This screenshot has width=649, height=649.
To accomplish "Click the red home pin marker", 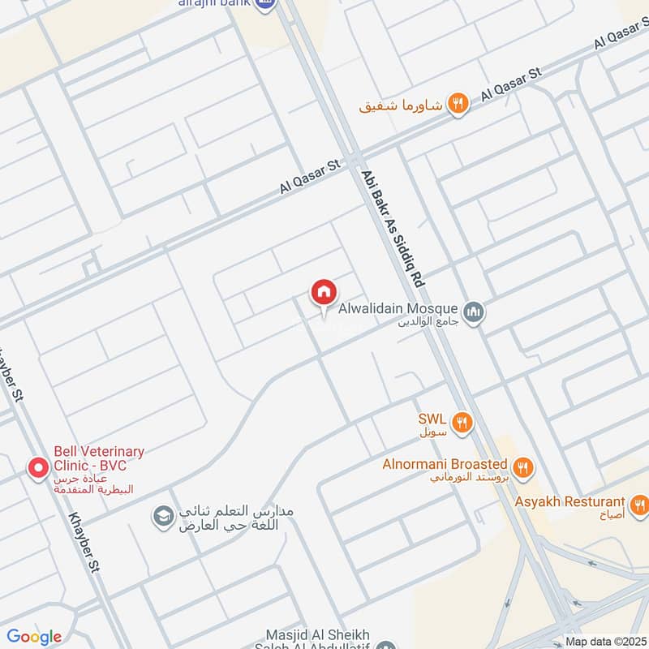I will tap(323, 292).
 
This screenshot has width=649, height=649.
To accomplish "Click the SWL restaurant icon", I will tap(462, 421).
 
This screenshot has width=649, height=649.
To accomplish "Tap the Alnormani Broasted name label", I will tap(445, 465).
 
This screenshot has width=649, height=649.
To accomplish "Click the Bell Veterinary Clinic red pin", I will tap(37, 468).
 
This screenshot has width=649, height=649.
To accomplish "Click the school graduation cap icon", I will tap(163, 516).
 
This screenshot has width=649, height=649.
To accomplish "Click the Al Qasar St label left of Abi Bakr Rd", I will tap(309, 176).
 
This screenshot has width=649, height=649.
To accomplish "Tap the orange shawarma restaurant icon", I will tap(458, 103).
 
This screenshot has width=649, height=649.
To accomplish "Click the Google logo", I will tap(34, 637).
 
